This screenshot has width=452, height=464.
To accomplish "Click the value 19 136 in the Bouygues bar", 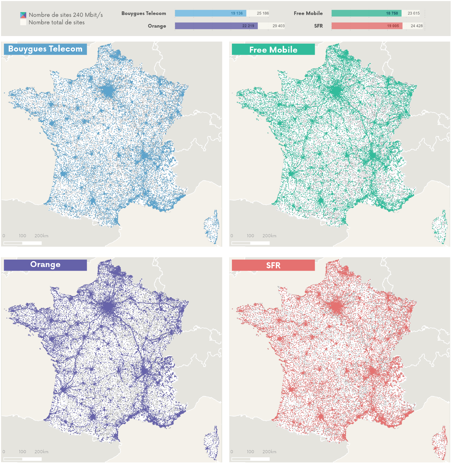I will [237, 13].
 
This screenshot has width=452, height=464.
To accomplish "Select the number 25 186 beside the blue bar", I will [263, 13].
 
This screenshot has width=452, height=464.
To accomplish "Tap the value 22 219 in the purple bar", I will [248, 26].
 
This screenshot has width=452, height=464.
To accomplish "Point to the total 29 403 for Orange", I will [278, 26].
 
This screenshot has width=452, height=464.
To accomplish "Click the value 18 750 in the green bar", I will [392, 13].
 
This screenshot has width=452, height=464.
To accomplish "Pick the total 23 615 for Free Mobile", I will [414, 13].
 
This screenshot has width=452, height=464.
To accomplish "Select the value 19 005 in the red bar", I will [393, 26].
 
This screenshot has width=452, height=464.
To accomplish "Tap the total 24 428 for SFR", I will [417, 26].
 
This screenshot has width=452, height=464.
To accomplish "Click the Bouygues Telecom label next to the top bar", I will [144, 13].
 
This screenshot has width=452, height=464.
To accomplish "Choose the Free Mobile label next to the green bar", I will [308, 13].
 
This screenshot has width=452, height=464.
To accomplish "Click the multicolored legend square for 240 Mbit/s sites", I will [23, 15].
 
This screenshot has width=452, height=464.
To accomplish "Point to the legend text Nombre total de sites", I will [57, 22].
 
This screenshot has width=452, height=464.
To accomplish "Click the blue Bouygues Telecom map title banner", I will [45, 49].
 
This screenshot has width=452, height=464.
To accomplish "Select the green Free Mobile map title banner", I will [273, 49].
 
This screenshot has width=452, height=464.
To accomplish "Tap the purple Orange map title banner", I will [45, 265].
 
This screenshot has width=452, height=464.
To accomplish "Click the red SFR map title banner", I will [273, 265].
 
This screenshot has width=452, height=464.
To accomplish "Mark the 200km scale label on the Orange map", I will [41, 452].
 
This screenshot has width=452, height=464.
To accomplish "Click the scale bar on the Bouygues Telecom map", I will [23, 243].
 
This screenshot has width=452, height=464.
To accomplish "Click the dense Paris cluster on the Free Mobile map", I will [336, 91].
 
